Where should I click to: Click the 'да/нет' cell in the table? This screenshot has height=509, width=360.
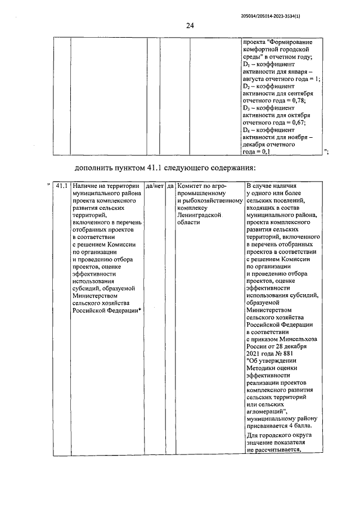click(x=154, y=186)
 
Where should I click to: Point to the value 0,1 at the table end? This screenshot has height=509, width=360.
click(x=264, y=151)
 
